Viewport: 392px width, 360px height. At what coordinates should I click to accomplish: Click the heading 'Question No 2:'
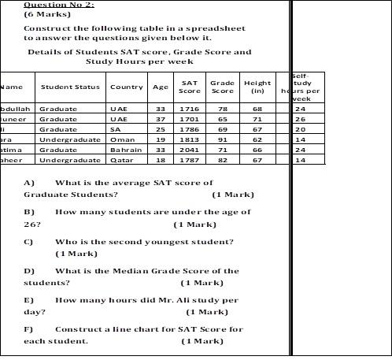tap(59, 5)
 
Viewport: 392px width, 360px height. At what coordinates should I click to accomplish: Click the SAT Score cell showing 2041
tap(189, 150)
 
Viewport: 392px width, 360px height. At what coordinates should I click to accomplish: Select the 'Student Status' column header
tap(70, 87)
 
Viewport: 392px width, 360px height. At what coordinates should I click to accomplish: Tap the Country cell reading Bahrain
tap(126, 150)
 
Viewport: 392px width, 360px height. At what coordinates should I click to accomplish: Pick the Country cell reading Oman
tap(123, 139)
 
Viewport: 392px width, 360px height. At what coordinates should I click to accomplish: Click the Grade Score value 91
tap(223, 139)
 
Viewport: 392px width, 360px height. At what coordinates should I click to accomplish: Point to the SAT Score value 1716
tap(189, 109)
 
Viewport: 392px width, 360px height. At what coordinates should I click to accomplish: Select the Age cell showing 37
tap(161, 119)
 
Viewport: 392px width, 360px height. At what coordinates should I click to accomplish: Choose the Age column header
tap(161, 87)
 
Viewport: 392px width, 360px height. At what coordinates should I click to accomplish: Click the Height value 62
tap(257, 139)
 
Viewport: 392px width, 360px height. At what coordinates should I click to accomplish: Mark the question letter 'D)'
tap(29, 271)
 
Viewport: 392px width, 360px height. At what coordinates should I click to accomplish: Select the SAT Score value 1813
tap(189, 139)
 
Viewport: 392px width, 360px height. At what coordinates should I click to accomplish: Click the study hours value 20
tap(300, 129)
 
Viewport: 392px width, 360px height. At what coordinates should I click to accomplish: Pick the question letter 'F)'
tap(29, 329)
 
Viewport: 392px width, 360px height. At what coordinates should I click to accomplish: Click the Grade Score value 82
tap(223, 160)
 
